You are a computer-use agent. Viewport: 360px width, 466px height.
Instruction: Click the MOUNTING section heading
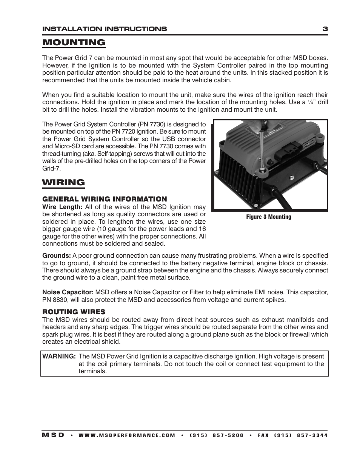(74, 42)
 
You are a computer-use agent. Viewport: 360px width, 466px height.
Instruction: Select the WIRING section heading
(63, 183)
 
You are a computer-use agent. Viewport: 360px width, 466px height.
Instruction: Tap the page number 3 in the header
(325, 29)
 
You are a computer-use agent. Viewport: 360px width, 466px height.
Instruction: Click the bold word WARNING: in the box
(59, 357)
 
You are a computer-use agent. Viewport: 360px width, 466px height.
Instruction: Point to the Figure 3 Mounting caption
(269, 217)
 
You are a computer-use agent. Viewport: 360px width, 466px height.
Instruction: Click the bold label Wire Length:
(62, 207)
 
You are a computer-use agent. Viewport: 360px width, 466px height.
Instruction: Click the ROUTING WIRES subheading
(74, 312)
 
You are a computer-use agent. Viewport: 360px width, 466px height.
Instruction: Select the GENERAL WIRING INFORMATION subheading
(105, 199)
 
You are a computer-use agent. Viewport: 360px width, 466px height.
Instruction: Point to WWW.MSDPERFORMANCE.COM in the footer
(127, 435)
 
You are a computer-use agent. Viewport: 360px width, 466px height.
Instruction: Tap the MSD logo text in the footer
(53, 435)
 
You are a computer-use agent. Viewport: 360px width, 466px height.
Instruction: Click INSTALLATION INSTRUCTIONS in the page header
(105, 29)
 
